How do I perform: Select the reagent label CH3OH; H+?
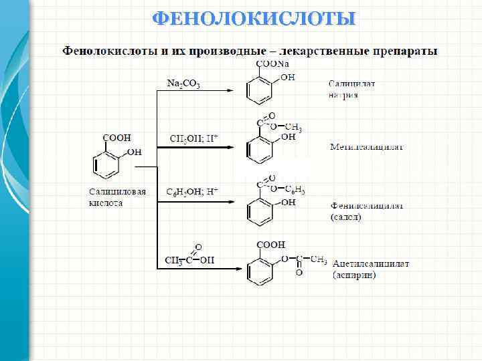[193, 138]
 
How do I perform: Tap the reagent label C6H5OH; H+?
[192, 191]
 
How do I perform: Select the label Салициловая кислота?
[117, 197]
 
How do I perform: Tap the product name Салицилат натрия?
[351, 90]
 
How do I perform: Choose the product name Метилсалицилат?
[367, 146]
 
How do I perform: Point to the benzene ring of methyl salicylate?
[260, 150]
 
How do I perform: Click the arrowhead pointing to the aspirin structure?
[231, 269]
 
